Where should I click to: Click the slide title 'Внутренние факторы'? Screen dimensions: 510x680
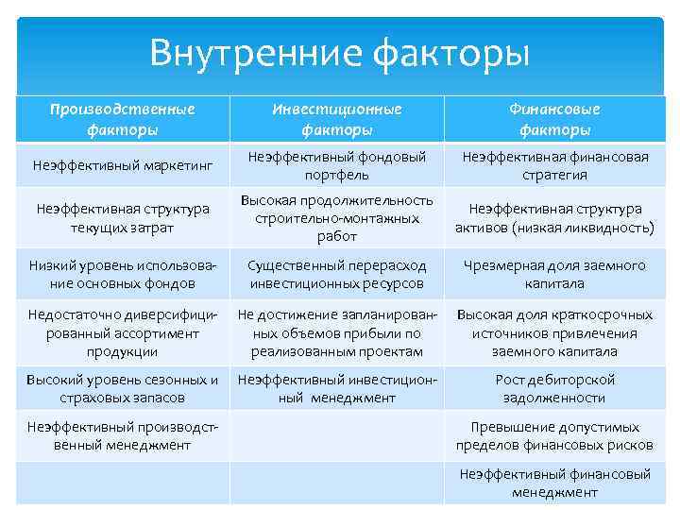(x=339, y=52)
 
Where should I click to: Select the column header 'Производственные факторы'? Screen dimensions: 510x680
(x=122, y=119)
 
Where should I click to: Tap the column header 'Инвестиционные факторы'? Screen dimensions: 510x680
(x=337, y=119)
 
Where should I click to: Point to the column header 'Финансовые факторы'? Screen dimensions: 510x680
(x=555, y=119)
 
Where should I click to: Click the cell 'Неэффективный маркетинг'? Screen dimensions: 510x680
(x=122, y=166)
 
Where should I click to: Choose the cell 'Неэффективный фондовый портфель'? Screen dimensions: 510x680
(x=337, y=166)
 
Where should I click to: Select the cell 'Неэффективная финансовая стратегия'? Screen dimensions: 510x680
(x=555, y=166)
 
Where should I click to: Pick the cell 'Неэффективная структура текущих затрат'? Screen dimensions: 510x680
(x=122, y=218)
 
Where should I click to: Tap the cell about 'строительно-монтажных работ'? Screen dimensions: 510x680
(x=337, y=218)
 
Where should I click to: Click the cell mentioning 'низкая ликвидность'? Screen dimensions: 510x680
(x=555, y=218)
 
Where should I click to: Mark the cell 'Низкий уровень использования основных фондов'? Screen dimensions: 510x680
(x=122, y=275)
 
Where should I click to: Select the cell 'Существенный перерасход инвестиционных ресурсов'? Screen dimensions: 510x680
(x=337, y=275)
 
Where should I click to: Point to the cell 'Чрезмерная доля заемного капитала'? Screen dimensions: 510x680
(x=555, y=275)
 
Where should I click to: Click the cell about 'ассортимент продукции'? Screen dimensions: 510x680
(x=122, y=332)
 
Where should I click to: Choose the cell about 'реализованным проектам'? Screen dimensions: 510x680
(x=337, y=332)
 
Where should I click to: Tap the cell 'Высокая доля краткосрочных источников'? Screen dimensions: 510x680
(x=555, y=332)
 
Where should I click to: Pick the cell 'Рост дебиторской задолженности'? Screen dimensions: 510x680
(x=555, y=389)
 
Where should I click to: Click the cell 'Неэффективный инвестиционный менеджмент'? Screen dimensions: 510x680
(x=337, y=389)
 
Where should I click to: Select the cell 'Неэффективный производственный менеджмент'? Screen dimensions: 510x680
(x=122, y=436)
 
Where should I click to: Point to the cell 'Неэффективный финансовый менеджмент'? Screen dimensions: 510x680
(x=555, y=483)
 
